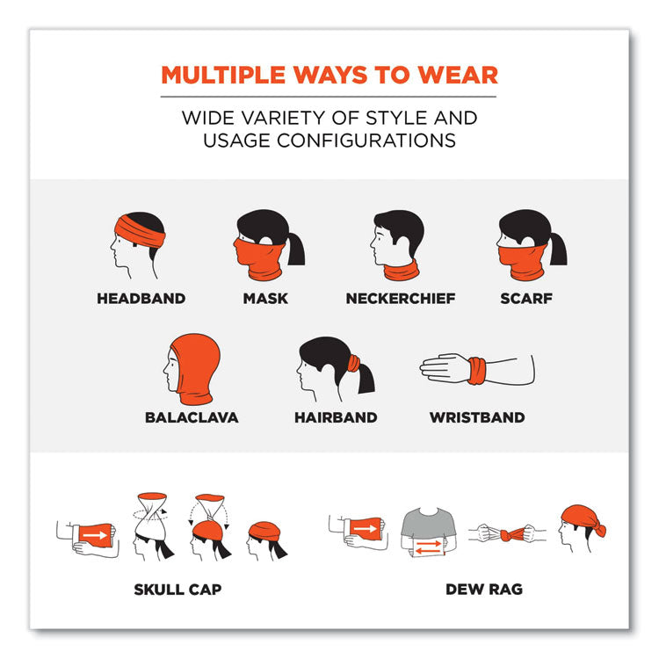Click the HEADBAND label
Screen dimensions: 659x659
(141, 299)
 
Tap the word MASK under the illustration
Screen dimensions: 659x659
(265, 299)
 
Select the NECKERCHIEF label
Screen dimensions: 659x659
(401, 299)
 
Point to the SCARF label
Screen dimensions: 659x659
(526, 299)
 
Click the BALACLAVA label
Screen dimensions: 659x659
(192, 417)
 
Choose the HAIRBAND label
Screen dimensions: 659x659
(336, 417)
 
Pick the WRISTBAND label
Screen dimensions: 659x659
(477, 417)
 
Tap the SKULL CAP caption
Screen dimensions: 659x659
(177, 590)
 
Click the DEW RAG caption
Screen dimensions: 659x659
(484, 590)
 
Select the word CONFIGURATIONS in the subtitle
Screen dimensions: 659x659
(366, 141)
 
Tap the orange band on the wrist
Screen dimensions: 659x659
(477, 371)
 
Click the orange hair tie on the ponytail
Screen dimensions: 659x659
(354, 363)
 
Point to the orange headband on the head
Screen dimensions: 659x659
(140, 232)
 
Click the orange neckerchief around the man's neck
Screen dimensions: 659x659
(402, 271)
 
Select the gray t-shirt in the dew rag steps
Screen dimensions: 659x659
(429, 524)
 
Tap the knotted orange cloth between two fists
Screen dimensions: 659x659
(512, 534)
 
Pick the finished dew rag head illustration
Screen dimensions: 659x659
(582, 528)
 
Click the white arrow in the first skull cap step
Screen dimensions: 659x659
(95, 535)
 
